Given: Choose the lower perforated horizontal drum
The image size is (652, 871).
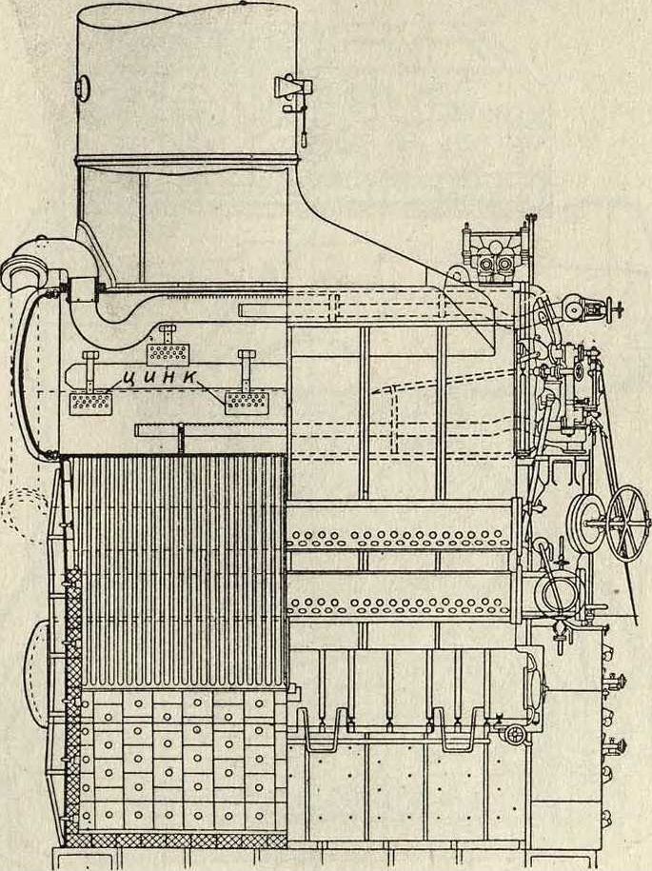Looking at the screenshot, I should coord(400,604).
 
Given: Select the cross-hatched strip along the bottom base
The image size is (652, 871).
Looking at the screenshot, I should coord(176,840).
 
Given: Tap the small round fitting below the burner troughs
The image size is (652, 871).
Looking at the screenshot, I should coord(515,733).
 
